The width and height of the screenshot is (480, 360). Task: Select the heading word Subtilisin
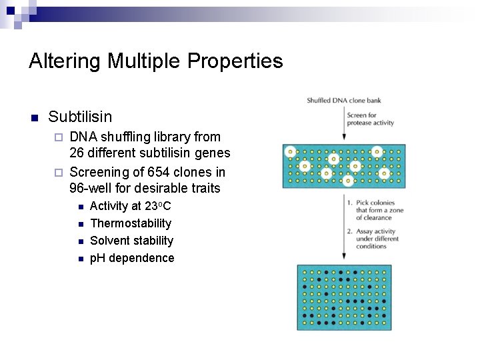pos(80,117)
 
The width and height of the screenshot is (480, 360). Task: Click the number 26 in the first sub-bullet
pos(77,154)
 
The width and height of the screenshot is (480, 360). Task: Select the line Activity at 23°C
pos(130,206)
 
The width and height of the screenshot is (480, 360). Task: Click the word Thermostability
pos(130,223)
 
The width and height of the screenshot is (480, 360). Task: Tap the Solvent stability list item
pos(131,241)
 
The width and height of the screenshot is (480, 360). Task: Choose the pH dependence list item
pos(131,258)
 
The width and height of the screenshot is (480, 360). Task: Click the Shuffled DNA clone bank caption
pos(343,101)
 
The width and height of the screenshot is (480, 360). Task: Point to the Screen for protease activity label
pos(370,119)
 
